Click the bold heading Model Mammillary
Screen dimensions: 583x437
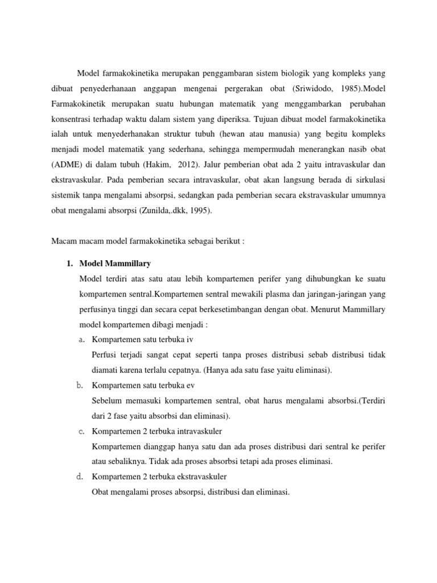pos(115,264)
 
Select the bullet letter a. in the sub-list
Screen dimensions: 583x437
pos(81,339)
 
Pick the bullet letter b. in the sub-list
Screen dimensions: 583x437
pos(81,385)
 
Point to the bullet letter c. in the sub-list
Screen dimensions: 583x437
pos(81,430)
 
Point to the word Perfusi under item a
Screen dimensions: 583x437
pos(105,355)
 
